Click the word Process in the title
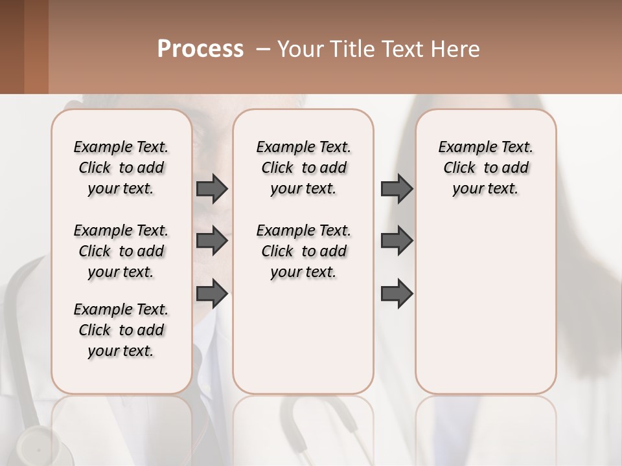200,49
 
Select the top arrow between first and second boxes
212,189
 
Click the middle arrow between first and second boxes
212,241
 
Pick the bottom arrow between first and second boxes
212,293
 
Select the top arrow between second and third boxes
397,189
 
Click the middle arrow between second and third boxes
397,241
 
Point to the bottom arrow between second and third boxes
397,293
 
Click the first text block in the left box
121,168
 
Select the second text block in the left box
121,251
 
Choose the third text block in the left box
121,330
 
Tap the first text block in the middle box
303,168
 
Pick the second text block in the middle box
303,251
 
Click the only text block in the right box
485,168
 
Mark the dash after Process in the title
263,49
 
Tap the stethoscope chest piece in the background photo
29,447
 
